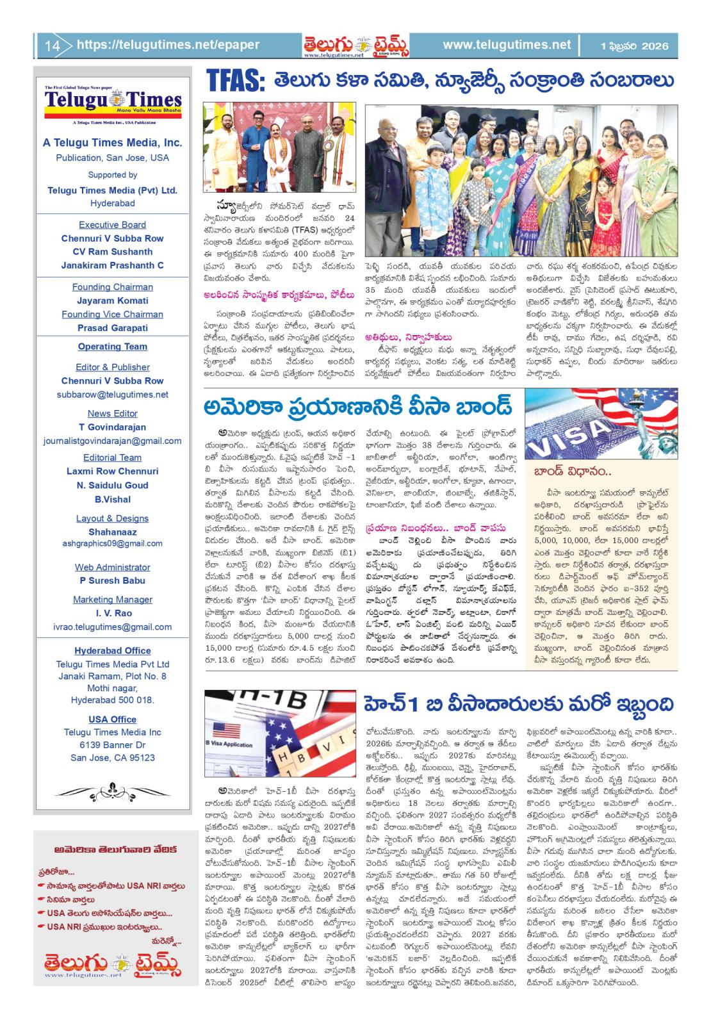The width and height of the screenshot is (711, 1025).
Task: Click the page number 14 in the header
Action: click(x=52, y=45)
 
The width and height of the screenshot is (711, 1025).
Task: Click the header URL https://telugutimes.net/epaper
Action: click(x=168, y=45)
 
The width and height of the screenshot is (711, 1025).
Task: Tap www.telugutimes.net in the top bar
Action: click(x=506, y=45)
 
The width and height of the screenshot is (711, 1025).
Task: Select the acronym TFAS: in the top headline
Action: click(x=234, y=82)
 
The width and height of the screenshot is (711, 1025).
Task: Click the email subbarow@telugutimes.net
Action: click(x=112, y=395)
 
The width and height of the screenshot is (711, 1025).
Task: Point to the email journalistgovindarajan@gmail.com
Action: click(x=112, y=441)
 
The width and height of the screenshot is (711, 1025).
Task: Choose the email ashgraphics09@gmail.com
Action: click(x=112, y=543)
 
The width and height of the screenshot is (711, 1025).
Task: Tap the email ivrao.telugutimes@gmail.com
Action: click(x=112, y=627)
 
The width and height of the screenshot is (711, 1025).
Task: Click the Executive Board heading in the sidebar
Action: click(x=112, y=225)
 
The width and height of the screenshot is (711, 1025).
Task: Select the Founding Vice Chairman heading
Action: click(x=112, y=314)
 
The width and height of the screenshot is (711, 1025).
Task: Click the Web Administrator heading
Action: click(x=112, y=567)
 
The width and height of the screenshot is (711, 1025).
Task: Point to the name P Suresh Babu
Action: click(x=112, y=580)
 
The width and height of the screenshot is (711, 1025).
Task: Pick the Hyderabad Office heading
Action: click(x=112, y=651)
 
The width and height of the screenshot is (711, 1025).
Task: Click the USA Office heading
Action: click(x=112, y=719)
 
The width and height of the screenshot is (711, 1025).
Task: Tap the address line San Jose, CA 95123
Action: click(x=112, y=758)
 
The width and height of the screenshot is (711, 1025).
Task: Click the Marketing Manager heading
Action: click(x=112, y=600)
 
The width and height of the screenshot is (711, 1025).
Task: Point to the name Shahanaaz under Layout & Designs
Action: click(x=112, y=532)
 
